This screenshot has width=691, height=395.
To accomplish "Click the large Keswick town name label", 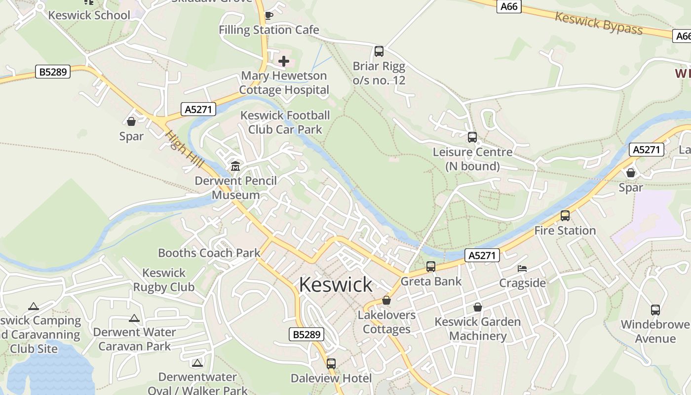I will [336, 285].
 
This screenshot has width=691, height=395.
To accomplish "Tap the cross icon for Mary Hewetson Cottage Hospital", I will [284, 61].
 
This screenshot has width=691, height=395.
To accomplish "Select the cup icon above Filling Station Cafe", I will [269, 16].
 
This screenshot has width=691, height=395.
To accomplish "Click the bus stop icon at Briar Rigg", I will [379, 51].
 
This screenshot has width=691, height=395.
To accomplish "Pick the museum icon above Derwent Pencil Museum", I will [235, 166].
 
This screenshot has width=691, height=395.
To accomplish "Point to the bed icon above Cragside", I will [522, 269].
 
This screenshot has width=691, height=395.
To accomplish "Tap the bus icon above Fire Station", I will [565, 216].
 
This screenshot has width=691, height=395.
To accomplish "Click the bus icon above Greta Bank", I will [431, 267].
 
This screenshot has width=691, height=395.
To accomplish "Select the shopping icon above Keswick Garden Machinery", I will [478, 307].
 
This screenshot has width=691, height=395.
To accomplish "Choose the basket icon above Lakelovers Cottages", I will [386, 300].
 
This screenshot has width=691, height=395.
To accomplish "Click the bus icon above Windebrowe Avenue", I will [655, 310].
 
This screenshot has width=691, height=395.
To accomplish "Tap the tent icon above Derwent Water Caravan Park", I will [134, 318].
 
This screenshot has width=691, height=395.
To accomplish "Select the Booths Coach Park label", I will [209, 253].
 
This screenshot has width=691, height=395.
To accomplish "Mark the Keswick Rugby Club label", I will [164, 280].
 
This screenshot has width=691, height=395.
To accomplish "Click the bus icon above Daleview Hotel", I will [331, 364].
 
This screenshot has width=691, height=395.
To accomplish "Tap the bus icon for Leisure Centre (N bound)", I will [472, 137].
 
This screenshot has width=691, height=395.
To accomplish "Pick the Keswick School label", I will [89, 15].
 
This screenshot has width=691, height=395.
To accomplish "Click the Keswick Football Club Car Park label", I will [285, 122].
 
